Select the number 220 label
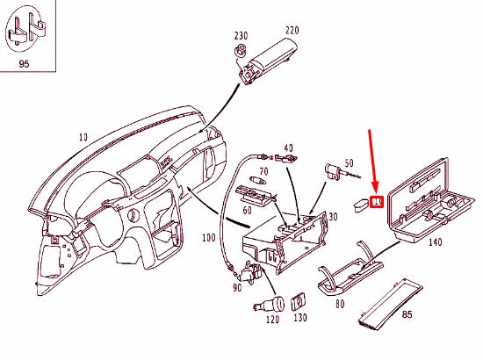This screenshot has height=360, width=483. click(x=292, y=30)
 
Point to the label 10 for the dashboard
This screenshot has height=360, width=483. click(x=83, y=138)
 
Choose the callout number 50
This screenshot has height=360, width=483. click(x=349, y=163)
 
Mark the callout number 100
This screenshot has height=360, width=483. click(x=208, y=239)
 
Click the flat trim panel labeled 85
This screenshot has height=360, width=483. click(x=391, y=299)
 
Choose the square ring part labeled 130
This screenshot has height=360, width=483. click(x=298, y=303)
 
